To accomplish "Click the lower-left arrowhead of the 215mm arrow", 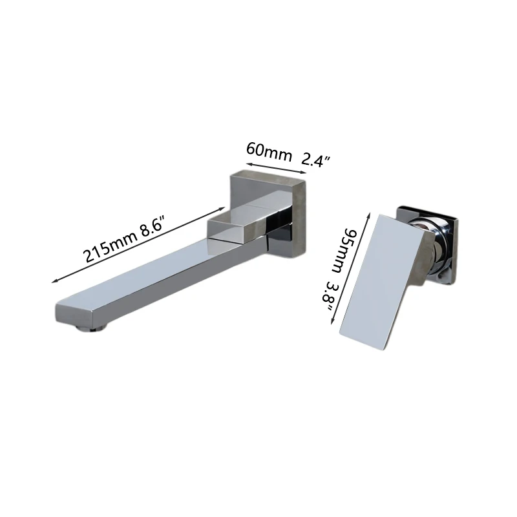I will (54, 281).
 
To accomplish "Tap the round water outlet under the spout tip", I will (90, 328).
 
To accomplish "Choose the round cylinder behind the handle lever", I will (439, 239).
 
